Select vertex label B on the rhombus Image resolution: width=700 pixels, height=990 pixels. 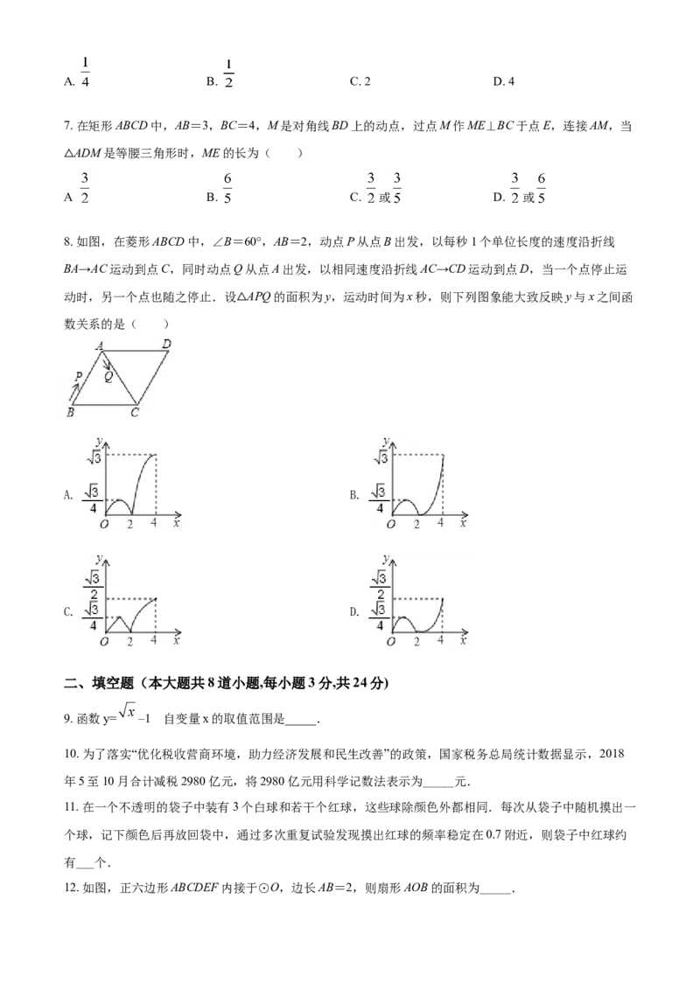pos(70,412)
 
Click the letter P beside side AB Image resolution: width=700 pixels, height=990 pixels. pos(79,377)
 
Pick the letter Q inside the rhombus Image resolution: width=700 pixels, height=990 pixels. pos(108,377)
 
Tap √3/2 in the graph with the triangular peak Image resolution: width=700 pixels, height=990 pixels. pos(93,585)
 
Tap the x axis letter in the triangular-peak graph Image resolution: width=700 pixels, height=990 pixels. pos(176,640)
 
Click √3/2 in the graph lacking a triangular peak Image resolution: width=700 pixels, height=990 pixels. pos(380,585)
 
